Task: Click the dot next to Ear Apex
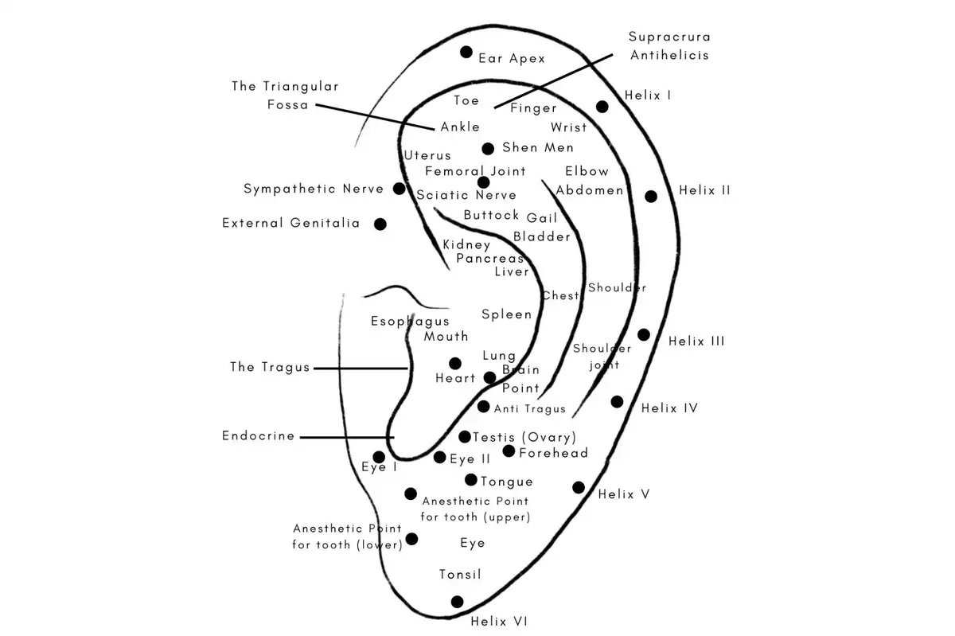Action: tap(466, 53)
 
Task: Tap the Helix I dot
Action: tap(602, 107)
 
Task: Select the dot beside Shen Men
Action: tap(488, 149)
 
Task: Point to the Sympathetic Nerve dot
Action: tap(400, 189)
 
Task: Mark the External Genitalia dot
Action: tap(380, 224)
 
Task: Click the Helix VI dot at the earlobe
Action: tap(457, 602)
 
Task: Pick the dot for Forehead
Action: tap(509, 451)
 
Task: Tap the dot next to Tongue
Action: tap(471, 480)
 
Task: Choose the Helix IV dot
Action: tap(617, 402)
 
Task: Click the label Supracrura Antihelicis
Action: tap(669, 46)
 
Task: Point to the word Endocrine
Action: tap(259, 436)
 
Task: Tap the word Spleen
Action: tap(506, 314)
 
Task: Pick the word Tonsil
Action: tap(460, 575)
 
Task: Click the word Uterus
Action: tap(427, 155)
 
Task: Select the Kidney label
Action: tap(466, 245)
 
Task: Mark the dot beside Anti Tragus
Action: tap(484, 407)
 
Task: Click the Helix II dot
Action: tap(651, 197)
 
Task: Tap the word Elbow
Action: tap(587, 171)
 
